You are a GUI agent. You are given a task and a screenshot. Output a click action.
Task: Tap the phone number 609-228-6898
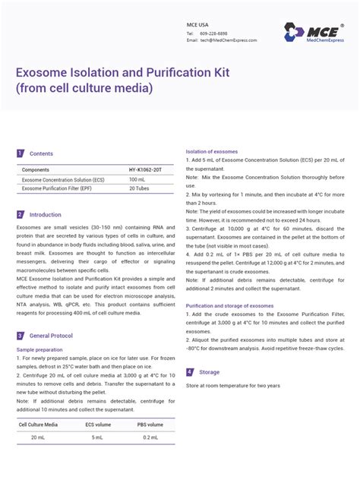pyautogui.click(x=213, y=33)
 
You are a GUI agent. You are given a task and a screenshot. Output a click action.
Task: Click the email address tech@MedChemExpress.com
pyautogui.click(x=228, y=40)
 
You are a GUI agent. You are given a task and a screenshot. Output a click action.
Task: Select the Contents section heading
pyautogui.click(x=41, y=153)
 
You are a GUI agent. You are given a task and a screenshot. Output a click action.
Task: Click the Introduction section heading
pyautogui.click(x=45, y=215)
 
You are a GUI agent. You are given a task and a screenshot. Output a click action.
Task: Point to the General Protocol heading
pyautogui.click(x=51, y=335)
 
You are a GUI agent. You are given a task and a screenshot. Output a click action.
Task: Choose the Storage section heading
pyautogui.click(x=209, y=372)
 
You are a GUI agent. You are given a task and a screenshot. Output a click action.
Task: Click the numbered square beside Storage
pyautogui.click(x=190, y=372)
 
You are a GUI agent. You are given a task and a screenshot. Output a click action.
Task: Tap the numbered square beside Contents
pyautogui.click(x=21, y=153)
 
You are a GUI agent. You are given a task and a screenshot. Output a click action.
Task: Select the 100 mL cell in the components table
pyautogui.click(x=137, y=179)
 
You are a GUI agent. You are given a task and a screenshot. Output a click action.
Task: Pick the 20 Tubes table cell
pyautogui.click(x=138, y=188)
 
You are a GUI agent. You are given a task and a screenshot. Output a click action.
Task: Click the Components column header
pyautogui.click(x=36, y=169)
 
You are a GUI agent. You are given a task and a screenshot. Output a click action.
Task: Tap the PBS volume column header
pyautogui.click(x=150, y=425)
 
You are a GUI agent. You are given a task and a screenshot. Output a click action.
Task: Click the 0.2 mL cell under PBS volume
pyautogui.click(x=150, y=438)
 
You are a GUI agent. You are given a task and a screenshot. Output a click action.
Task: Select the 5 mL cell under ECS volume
pyautogui.click(x=98, y=438)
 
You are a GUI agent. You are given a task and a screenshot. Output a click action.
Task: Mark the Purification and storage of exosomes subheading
pyautogui.click(x=229, y=305)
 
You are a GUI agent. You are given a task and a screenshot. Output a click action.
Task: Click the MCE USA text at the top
pyautogui.click(x=197, y=24)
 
